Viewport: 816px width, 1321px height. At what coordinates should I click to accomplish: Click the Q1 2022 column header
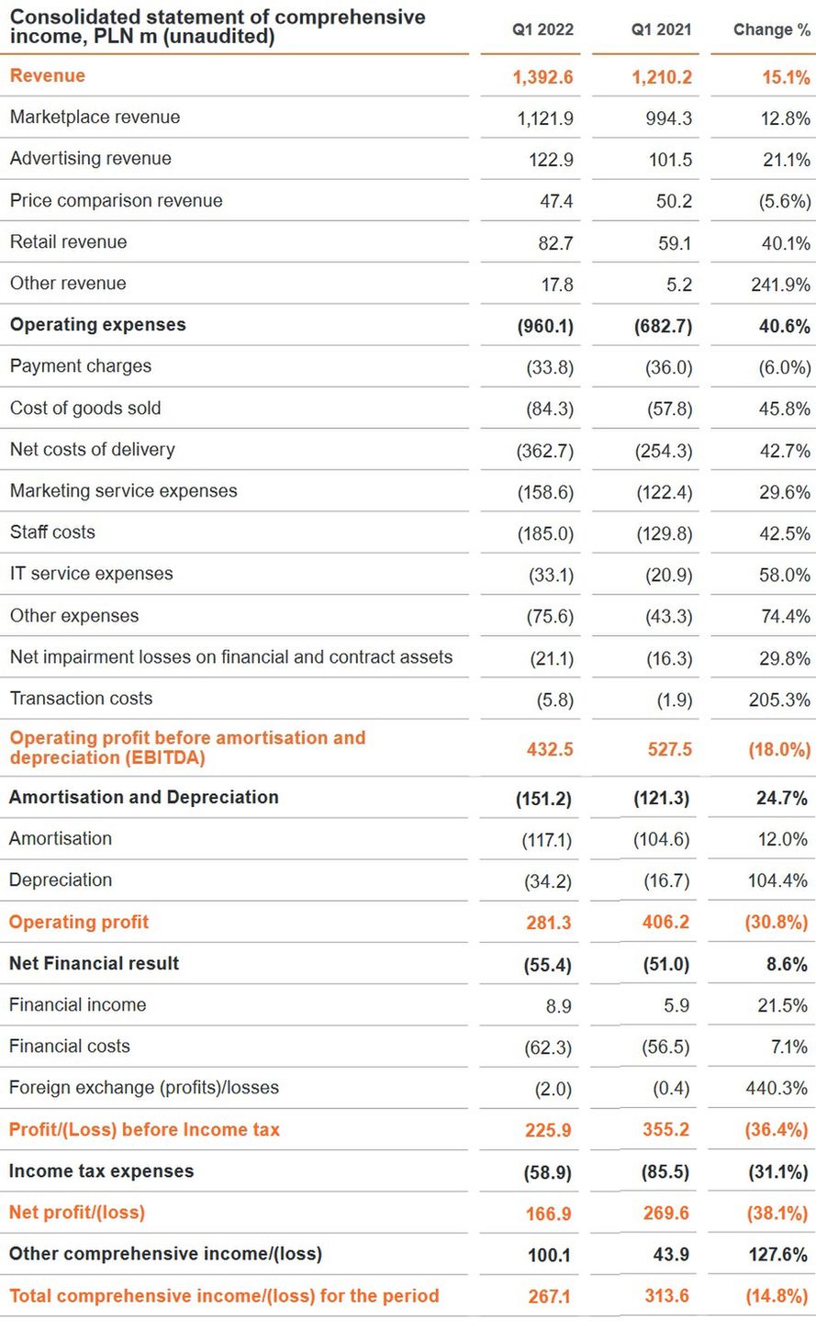pos(542,30)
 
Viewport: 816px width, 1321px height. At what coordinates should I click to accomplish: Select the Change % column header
pos(771,30)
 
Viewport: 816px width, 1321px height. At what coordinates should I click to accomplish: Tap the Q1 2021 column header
pos(661,30)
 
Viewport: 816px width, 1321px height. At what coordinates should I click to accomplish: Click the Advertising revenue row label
pos(91,159)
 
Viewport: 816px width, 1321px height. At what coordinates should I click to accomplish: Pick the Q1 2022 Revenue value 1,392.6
pos(542,77)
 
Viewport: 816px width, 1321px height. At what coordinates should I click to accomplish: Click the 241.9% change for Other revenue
pos(780,285)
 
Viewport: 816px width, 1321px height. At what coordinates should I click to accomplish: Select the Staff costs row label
pos(52,532)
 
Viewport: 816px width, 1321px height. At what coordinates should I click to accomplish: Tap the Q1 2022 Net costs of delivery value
pos(545,451)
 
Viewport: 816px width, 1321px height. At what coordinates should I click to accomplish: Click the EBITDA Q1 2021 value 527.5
pos(669,749)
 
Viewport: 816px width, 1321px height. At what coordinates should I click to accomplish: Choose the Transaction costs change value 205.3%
pos(779,700)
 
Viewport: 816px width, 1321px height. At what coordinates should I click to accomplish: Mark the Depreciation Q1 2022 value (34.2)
pos(547,881)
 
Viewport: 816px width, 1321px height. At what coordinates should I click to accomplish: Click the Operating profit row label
pos(79,923)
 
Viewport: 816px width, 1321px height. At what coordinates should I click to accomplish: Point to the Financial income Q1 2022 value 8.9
pos(558,1006)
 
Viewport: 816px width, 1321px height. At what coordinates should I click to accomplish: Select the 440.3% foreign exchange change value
pos(777,1089)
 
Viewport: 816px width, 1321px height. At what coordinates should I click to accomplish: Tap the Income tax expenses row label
pos(101,1171)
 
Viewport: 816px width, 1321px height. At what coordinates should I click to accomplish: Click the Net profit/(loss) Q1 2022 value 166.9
pos(548,1214)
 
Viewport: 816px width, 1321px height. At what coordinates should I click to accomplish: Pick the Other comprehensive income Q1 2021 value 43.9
pos(670,1255)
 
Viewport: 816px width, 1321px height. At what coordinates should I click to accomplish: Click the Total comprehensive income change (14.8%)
pos(776,1296)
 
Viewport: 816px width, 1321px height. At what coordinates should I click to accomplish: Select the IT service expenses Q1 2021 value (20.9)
pos(668,576)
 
